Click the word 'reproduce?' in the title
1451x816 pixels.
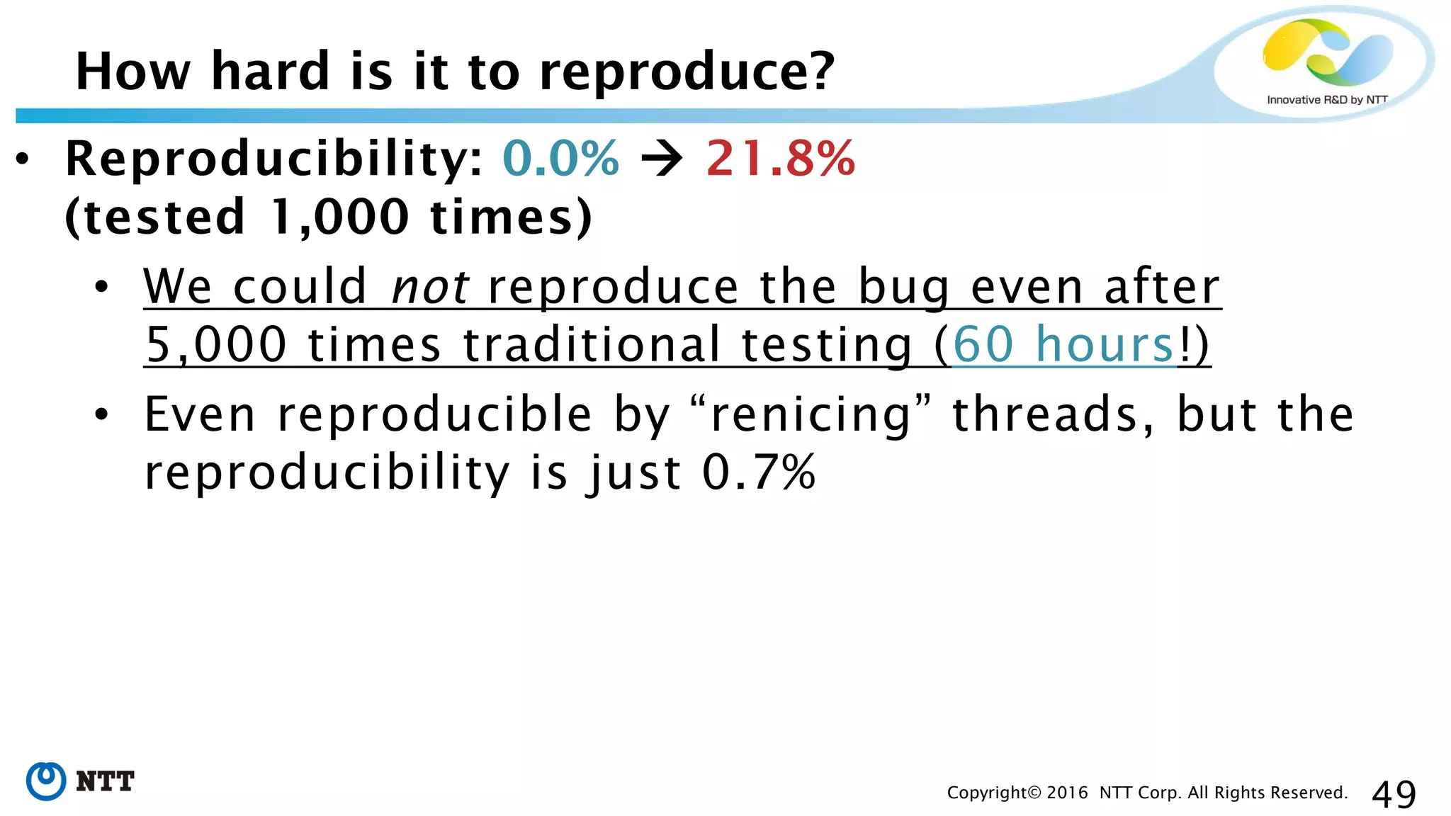coord(687,72)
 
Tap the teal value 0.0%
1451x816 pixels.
coord(560,158)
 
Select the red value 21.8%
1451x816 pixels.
coord(781,158)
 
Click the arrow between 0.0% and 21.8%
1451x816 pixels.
coord(662,159)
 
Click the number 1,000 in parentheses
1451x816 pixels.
coord(339,217)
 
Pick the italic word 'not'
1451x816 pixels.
coord(429,287)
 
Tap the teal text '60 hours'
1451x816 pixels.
coord(1063,345)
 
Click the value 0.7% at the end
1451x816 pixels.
coord(759,472)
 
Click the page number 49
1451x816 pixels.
coord(1394,794)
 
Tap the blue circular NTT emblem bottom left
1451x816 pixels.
coord(46,781)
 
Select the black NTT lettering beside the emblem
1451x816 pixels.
coord(105,781)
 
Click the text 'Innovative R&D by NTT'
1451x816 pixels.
coord(1326,100)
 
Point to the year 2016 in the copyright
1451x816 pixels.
coord(1066,793)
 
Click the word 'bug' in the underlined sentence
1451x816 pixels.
coord(903,287)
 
